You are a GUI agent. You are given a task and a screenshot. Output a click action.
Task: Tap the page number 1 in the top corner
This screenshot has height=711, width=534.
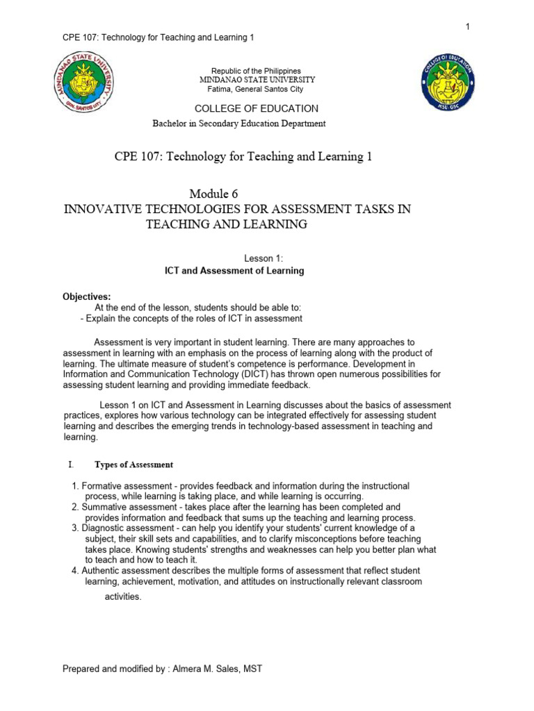coord(468,26)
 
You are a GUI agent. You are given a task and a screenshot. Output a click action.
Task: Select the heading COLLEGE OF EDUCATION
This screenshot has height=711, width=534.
coord(257,108)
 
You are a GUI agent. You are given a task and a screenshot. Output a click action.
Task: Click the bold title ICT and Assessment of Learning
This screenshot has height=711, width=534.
coord(234,271)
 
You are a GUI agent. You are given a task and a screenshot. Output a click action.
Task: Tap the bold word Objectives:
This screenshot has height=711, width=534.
coord(87,296)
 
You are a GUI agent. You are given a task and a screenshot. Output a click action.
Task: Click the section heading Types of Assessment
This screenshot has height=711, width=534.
coord(133,465)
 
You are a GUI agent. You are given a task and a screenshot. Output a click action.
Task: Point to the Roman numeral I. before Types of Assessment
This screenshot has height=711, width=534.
coord(70,465)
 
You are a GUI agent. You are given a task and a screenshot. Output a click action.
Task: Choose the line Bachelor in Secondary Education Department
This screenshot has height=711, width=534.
coord(238,124)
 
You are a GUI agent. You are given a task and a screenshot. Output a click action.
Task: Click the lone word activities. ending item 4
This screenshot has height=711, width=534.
coord(123,596)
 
